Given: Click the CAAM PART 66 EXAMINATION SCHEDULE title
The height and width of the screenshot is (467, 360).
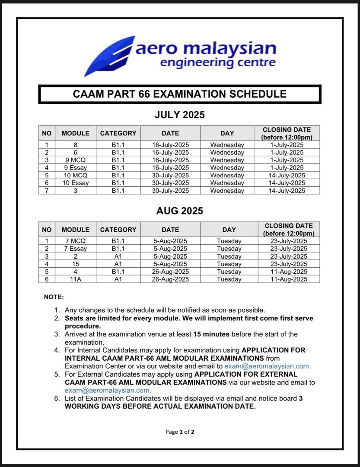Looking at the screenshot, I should click(179, 94).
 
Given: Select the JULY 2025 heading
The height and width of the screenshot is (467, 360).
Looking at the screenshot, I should click(179, 115).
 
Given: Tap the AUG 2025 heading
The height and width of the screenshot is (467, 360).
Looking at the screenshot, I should click(179, 211).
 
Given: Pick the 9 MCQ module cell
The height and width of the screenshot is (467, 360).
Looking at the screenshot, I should click(76, 160).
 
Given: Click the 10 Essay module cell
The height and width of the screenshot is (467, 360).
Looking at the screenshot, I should click(76, 183).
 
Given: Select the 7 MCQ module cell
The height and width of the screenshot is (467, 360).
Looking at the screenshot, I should click(76, 241).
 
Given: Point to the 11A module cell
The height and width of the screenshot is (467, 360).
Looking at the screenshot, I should click(76, 279).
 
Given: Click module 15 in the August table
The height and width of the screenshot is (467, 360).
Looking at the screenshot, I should click(76, 264).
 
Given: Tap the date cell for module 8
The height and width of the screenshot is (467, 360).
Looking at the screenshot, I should click(170, 145).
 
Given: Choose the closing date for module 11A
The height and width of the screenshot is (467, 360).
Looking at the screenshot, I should click(289, 279).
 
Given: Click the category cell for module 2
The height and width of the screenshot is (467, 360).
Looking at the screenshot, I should click(118, 256).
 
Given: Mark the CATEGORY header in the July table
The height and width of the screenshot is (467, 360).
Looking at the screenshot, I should click(118, 133).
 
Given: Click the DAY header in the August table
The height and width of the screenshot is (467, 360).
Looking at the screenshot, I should click(229, 230).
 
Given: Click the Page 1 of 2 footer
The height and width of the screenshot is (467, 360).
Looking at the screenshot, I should click(180, 432).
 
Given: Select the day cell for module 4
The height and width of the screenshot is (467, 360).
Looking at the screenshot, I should click(229, 272).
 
